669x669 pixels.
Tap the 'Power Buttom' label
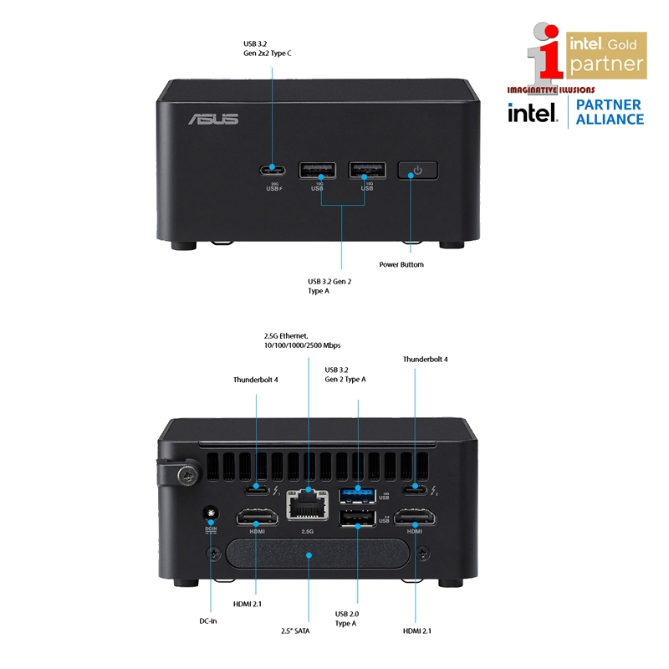[401, 264]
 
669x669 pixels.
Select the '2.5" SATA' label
[295, 631]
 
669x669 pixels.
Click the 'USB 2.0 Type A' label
[346, 618]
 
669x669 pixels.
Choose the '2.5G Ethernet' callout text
[302, 340]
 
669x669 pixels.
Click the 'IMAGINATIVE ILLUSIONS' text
[550, 88]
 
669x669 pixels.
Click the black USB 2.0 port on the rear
[358, 520]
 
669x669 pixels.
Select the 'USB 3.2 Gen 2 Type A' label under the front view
[329, 286]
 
